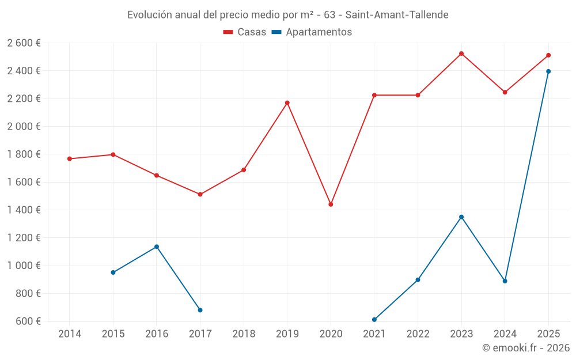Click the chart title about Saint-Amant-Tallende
click(287, 14)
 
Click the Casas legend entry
click(245, 32)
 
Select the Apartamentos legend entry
click(312, 32)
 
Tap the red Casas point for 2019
click(287, 103)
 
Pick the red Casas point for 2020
click(331, 204)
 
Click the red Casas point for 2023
click(461, 54)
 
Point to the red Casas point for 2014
click(70, 159)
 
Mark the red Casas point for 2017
click(200, 195)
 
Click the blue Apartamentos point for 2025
click(548, 71)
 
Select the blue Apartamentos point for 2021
click(374, 320)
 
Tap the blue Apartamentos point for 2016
click(157, 247)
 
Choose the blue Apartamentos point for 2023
click(461, 217)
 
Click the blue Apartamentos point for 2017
click(200, 310)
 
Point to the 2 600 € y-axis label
click(24, 43)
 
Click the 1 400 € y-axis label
click(24, 210)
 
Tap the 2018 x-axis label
click(244, 334)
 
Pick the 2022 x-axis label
click(418, 334)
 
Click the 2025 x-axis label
click(548, 334)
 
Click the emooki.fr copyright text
click(525, 348)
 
